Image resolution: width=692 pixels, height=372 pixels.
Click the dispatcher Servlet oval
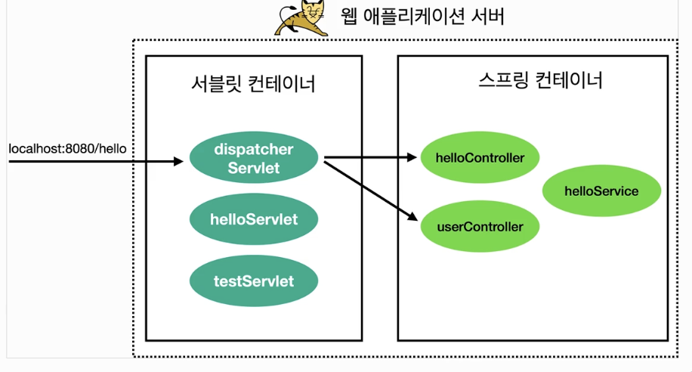coord(254,157)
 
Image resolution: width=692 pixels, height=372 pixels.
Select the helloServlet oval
coord(254,219)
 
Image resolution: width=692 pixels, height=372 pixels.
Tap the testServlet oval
coord(254,281)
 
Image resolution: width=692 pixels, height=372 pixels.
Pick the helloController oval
coord(480,157)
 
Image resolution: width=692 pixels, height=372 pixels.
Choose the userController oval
coord(480,226)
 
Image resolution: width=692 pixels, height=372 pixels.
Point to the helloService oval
coord(601,191)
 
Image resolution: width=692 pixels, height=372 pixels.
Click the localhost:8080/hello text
coord(67,149)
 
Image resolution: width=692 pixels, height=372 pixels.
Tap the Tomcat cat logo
coord(302,17)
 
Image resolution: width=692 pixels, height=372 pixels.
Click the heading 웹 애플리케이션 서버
coord(422,17)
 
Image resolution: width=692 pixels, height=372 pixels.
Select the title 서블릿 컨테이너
coord(253,84)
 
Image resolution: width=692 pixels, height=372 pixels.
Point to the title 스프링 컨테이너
coord(541,80)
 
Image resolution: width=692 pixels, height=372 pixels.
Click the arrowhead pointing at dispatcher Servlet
coord(179,161)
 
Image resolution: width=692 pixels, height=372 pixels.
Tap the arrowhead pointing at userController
coord(412,216)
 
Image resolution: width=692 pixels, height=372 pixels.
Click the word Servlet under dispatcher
coord(254,168)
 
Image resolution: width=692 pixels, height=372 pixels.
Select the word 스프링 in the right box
coord(504,80)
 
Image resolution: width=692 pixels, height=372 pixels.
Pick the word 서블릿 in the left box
coord(216,84)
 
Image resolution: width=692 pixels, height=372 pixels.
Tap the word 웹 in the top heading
coord(349,17)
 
